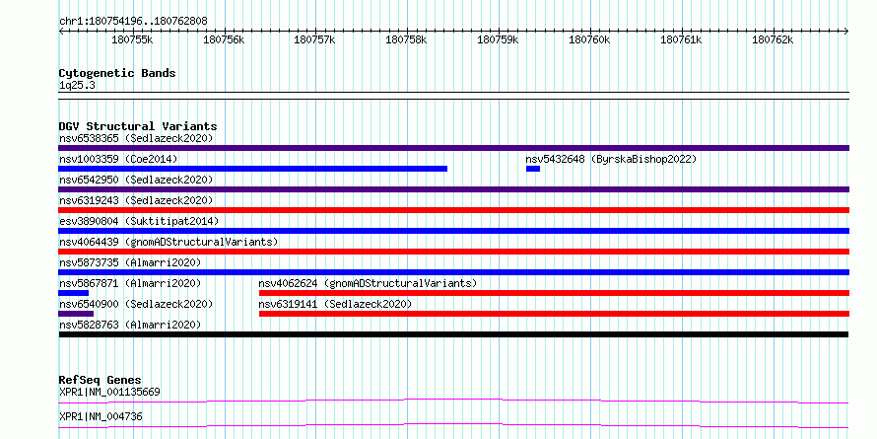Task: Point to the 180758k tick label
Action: pyautogui.click(x=407, y=40)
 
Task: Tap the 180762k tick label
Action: pyautogui.click(x=773, y=40)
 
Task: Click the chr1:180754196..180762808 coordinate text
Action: pyautogui.click(x=133, y=22)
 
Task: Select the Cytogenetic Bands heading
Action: pyautogui.click(x=117, y=73)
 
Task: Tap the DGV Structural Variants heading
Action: pyautogui.click(x=138, y=126)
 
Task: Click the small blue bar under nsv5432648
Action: pyautogui.click(x=533, y=169)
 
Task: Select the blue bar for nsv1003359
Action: pyautogui.click(x=253, y=169)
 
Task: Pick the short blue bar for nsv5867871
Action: pyautogui.click(x=73, y=293)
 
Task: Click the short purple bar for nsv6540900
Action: pyautogui.click(x=76, y=314)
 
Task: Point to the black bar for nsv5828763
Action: pyautogui.click(x=453, y=334)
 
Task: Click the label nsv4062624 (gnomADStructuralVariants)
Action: pyautogui.click(x=368, y=283)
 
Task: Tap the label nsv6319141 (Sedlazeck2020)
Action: pyautogui.click(x=335, y=304)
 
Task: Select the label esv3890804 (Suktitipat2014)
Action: pyautogui.click(x=139, y=221)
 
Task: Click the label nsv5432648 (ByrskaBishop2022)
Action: pyautogui.click(x=611, y=159)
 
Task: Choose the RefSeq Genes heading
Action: pyautogui.click(x=100, y=380)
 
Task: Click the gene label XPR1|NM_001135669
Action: pyautogui.click(x=109, y=392)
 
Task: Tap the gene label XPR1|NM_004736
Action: pyautogui.click(x=101, y=416)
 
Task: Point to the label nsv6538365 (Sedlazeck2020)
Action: pyautogui.click(x=136, y=138)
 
